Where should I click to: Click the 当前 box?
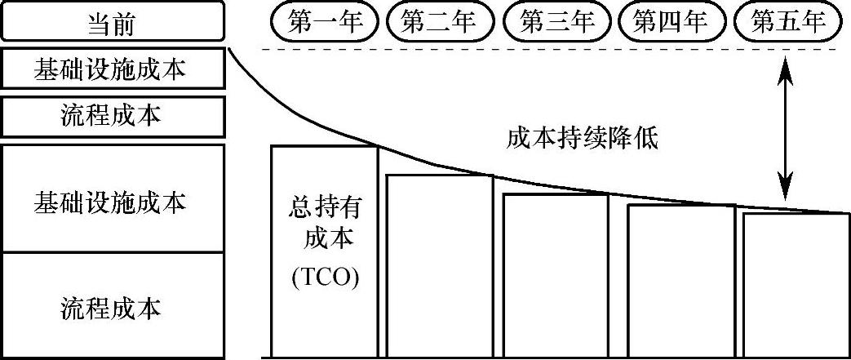112,22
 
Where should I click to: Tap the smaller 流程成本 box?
112,117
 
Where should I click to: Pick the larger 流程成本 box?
112,307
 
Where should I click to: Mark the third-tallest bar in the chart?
556,276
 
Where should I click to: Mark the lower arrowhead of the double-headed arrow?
785,193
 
